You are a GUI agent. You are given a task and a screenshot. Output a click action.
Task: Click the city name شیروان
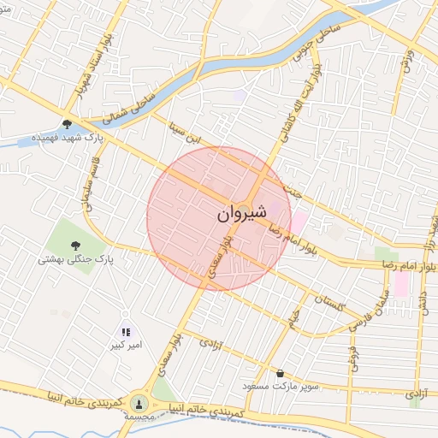click(237, 212)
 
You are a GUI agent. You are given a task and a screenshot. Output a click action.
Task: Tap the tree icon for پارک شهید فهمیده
click(67, 123)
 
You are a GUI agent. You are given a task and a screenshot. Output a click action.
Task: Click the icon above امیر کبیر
click(126, 332)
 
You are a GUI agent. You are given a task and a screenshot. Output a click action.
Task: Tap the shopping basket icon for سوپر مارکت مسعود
click(281, 373)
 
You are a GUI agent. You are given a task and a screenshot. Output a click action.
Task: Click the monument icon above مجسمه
click(139, 401)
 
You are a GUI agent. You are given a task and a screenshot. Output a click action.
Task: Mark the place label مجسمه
click(139, 416)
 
